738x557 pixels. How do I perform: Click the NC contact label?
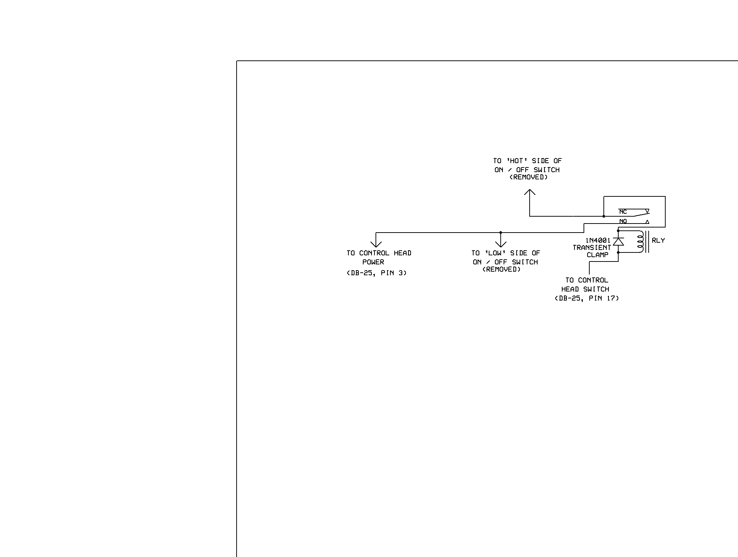(623, 212)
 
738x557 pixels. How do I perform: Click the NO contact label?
(623, 221)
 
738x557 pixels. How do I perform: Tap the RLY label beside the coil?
(658, 241)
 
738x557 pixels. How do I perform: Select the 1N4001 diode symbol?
(618, 242)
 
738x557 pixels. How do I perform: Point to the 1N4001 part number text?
(598, 241)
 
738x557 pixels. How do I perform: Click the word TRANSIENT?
(592, 248)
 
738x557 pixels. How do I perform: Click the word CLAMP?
(597, 255)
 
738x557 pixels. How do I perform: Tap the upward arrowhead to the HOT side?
(530, 192)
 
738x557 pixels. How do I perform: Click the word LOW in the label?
(494, 253)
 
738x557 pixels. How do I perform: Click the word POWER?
(373, 262)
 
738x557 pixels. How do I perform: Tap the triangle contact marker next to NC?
(647, 211)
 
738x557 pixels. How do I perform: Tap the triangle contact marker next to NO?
(647, 222)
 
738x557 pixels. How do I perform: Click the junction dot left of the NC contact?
(604, 216)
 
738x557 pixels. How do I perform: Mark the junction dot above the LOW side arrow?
(501, 233)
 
